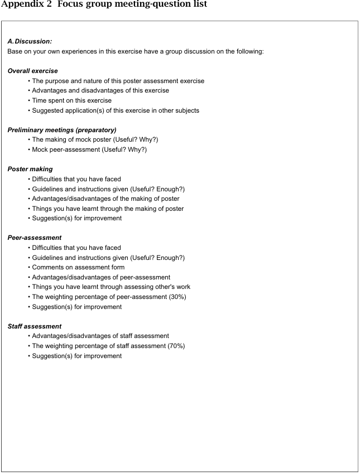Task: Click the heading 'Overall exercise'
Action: (x=32, y=71)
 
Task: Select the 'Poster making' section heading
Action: (x=30, y=169)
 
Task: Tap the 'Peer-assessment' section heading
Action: (x=34, y=238)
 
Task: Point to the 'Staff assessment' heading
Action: (x=34, y=326)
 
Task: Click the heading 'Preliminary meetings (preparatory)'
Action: (x=62, y=130)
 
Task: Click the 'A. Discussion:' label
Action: (x=30, y=41)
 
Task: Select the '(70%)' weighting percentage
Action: (x=174, y=346)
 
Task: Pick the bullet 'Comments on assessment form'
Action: (x=78, y=267)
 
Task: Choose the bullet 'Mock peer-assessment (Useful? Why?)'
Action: (x=89, y=149)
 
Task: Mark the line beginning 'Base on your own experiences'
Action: (x=135, y=51)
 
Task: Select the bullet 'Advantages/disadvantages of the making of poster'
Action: (x=105, y=199)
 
